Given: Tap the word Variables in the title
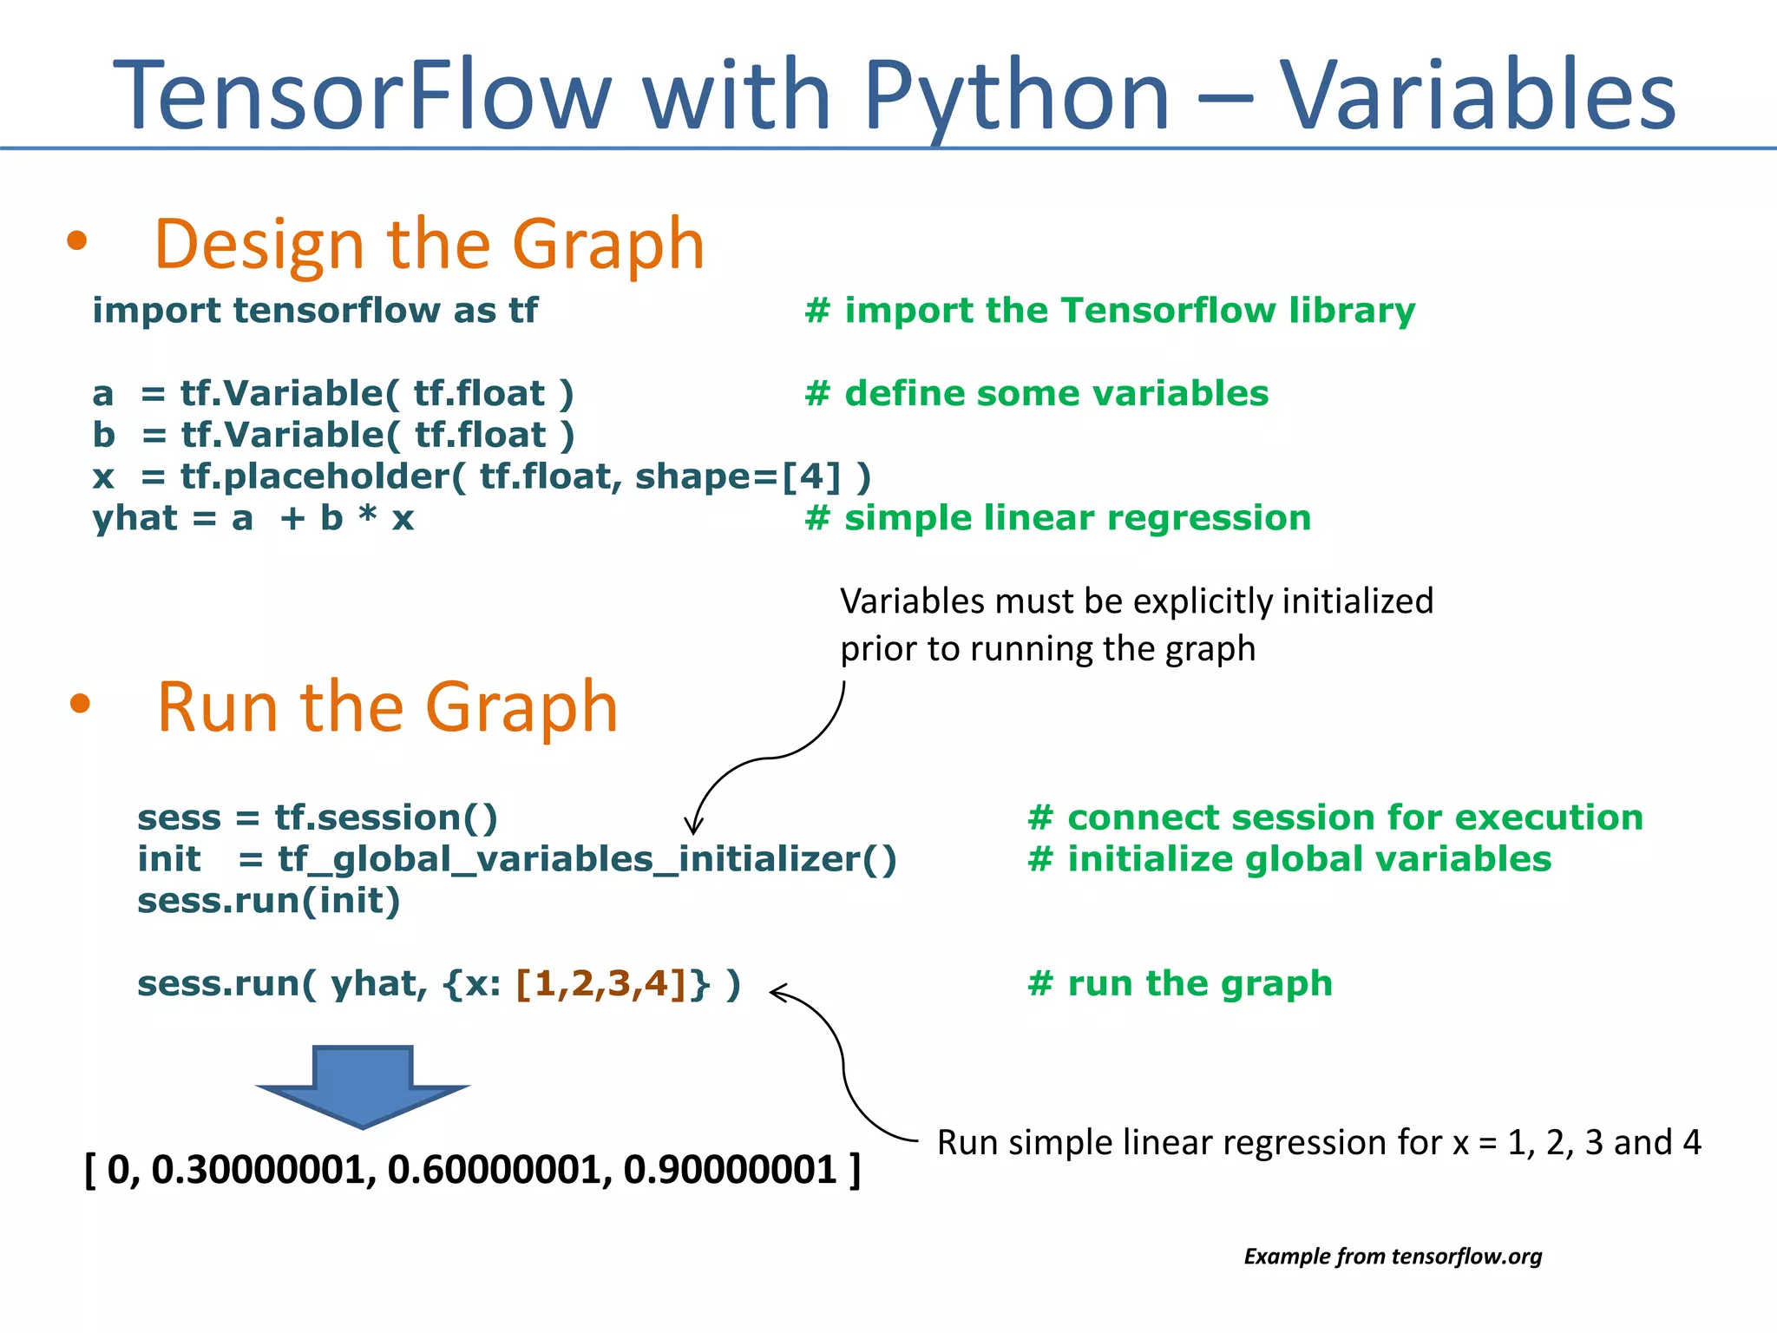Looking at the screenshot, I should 1477,95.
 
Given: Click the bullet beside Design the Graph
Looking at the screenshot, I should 77,241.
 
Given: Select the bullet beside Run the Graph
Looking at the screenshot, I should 80,703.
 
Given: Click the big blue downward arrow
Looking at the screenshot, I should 363,1085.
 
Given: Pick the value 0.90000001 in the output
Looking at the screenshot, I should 730,1170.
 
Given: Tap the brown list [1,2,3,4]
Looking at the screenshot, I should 602,983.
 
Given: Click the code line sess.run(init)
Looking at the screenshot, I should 269,901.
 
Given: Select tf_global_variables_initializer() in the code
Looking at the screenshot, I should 587,859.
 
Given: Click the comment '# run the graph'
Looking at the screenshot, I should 1180,983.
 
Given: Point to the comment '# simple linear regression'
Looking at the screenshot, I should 1058,518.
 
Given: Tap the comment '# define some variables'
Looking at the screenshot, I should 1037,393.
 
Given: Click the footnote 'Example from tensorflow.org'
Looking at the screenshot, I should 1393,1256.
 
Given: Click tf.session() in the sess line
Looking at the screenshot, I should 386,818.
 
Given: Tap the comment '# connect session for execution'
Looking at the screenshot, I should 1335,818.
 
